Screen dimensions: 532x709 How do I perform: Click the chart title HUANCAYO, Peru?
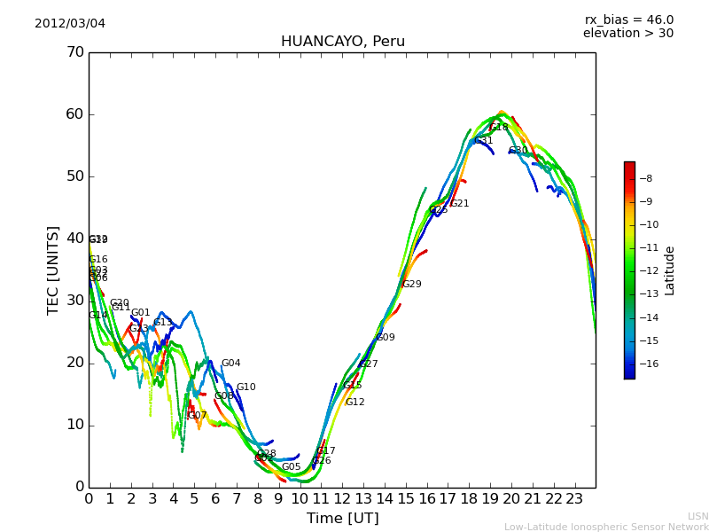pyautogui.click(x=342, y=42)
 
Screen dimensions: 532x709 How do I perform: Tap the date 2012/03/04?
pyautogui.click(x=70, y=23)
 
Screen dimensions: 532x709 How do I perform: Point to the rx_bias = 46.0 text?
pyautogui.click(x=628, y=20)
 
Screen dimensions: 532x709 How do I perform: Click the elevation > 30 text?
pyautogui.click(x=627, y=34)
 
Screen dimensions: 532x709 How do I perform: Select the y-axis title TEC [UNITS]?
pyautogui.click(x=54, y=270)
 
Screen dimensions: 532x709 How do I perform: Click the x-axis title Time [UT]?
pyautogui.click(x=342, y=519)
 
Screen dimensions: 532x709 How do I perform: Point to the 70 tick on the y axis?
pyautogui.click(x=74, y=52)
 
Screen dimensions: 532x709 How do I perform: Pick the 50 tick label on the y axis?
pyautogui.click(x=74, y=176)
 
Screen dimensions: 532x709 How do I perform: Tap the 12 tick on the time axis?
pyautogui.click(x=342, y=498)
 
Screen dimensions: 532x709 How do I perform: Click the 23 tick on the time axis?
pyautogui.click(x=574, y=498)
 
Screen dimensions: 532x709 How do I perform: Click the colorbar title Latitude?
pyautogui.click(x=670, y=270)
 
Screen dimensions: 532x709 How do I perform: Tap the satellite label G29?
pyautogui.click(x=412, y=285)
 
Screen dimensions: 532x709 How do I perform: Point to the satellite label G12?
pyautogui.click(x=355, y=403)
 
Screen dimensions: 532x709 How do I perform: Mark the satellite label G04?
pyautogui.click(x=231, y=364)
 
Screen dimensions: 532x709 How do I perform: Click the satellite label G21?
pyautogui.click(x=460, y=204)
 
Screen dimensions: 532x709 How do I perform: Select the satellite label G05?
pyautogui.click(x=292, y=467)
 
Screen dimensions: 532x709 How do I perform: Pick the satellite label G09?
pyautogui.click(x=386, y=338)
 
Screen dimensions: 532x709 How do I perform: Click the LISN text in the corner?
pyautogui.click(x=698, y=516)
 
